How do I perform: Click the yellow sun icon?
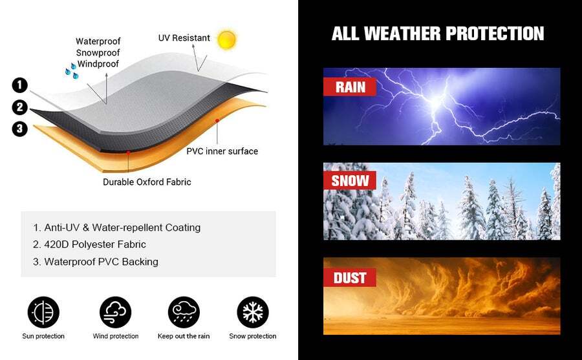(x=226, y=39)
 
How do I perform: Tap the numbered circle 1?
(x=19, y=85)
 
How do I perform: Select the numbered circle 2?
(x=19, y=107)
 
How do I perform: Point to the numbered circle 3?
(x=19, y=129)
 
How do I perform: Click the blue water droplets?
(x=72, y=70)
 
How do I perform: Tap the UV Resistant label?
(x=184, y=38)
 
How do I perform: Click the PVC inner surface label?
(x=222, y=151)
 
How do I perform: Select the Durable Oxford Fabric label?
(x=147, y=182)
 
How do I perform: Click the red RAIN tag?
(x=350, y=87)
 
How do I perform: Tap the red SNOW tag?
(x=350, y=181)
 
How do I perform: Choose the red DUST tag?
(x=350, y=278)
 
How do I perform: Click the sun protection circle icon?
(x=43, y=312)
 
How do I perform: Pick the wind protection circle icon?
(x=116, y=312)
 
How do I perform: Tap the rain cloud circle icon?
(x=184, y=312)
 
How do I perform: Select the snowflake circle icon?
(x=253, y=312)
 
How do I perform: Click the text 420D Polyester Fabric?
(x=95, y=244)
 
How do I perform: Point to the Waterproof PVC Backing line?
(x=96, y=262)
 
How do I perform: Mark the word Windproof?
(x=98, y=64)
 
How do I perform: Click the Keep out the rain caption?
(x=184, y=336)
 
